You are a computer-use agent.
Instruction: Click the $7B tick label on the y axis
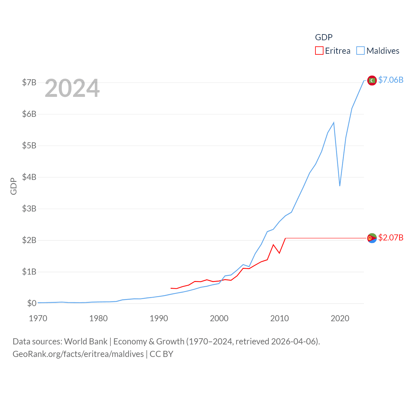point(29,82)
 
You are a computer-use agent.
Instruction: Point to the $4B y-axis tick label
point(29,177)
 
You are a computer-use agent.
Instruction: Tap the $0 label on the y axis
point(32,303)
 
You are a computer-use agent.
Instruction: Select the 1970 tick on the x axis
point(38,318)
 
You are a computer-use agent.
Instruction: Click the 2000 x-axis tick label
point(219,318)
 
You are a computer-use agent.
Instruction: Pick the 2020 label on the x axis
point(340,318)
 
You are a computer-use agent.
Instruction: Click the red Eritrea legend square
point(319,51)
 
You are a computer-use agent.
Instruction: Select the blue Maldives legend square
point(360,51)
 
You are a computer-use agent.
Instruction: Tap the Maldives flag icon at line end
point(372,80)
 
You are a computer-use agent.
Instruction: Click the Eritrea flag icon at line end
point(372,238)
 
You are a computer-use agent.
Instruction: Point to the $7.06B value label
point(391,80)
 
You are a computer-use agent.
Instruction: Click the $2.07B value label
point(391,238)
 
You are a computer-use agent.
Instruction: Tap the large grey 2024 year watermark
point(72,88)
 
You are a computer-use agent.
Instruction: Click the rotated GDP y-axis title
point(14,186)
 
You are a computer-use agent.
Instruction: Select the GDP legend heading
point(323,37)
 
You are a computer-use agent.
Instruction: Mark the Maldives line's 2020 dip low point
point(340,186)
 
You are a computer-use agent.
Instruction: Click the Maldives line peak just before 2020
point(334,122)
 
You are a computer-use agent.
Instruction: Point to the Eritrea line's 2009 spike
point(273,245)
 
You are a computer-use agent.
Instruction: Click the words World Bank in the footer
point(86,341)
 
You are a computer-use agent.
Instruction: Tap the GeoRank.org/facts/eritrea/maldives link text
point(78,354)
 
